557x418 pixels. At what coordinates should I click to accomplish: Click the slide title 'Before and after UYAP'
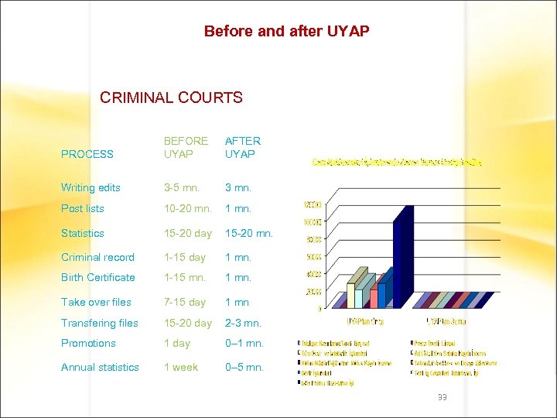[286, 32]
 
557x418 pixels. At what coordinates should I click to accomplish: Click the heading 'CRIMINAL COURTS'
[171, 98]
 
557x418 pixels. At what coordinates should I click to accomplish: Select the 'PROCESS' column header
[87, 154]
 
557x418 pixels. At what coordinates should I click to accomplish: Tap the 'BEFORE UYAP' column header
[186, 147]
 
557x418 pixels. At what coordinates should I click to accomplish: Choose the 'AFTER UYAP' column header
[243, 147]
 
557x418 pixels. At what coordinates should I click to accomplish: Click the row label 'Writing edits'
[90, 187]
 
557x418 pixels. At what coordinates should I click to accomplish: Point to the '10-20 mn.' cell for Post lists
[188, 208]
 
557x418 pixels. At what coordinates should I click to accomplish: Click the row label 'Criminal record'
[97, 257]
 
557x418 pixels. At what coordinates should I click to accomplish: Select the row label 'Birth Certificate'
[97, 277]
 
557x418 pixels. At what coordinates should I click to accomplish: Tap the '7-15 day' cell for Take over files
[184, 302]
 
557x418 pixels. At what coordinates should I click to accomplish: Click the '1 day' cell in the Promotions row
[176, 343]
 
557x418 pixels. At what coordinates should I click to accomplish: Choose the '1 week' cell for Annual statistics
[180, 367]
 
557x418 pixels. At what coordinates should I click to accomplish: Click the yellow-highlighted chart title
[397, 162]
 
